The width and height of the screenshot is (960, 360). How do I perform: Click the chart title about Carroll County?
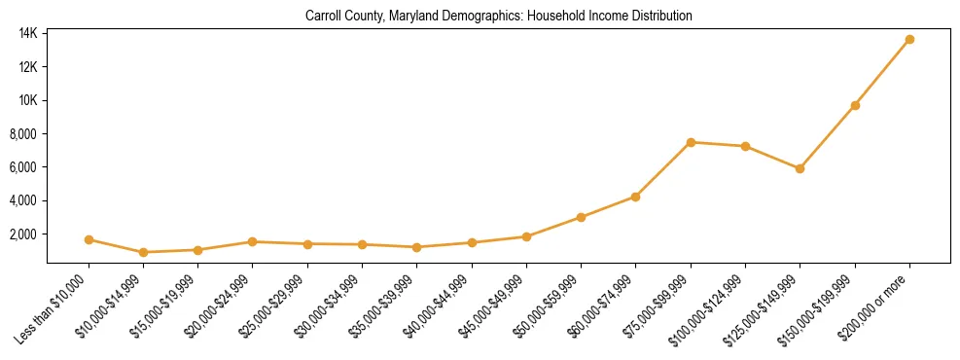pyautogui.click(x=498, y=17)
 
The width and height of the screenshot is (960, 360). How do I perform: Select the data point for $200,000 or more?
pyautogui.click(x=909, y=39)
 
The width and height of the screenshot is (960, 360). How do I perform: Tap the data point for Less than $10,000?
pyautogui.click(x=89, y=239)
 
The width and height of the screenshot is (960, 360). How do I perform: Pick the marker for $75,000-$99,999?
pyautogui.click(x=691, y=142)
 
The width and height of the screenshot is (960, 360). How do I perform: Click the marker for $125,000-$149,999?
pyautogui.click(x=800, y=168)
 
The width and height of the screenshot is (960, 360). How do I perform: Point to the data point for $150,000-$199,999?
pyautogui.click(x=855, y=105)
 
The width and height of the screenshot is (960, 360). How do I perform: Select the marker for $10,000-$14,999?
pyautogui.click(x=143, y=252)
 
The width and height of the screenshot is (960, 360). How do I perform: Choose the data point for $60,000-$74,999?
pyautogui.click(x=635, y=197)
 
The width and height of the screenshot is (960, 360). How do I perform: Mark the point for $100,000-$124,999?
pyautogui.click(x=745, y=146)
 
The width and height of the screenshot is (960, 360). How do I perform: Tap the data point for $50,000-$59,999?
pyautogui.click(x=581, y=217)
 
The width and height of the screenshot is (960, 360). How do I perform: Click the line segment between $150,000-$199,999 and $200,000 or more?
pyautogui.click(x=882, y=72)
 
